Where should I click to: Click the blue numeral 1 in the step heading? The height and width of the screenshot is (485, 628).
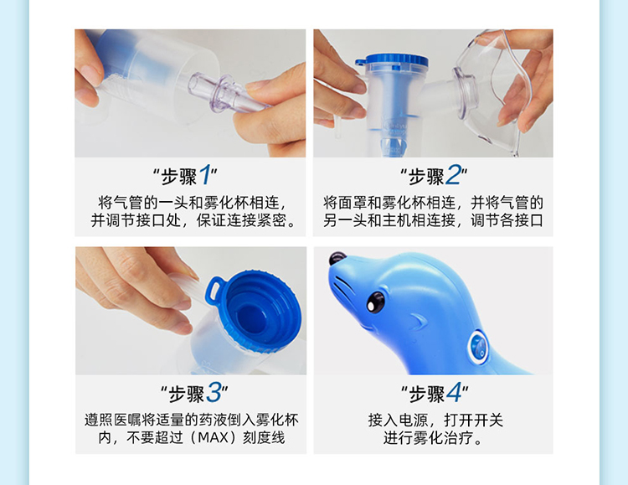(x=205, y=175)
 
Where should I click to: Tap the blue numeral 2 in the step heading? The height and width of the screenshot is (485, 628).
(x=453, y=175)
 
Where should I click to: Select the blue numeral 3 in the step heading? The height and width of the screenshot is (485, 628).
(x=213, y=392)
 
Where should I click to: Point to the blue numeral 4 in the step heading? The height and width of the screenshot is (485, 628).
(x=454, y=392)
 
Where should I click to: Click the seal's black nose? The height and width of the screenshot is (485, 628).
(x=337, y=258)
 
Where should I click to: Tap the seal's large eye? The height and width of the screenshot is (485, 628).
(x=375, y=302)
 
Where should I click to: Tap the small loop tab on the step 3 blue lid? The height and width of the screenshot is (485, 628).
(x=215, y=289)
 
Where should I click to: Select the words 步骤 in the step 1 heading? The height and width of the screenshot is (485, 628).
(x=179, y=177)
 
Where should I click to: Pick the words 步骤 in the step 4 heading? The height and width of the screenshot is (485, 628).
(x=427, y=394)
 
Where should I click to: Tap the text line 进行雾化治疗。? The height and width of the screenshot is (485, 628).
(x=433, y=437)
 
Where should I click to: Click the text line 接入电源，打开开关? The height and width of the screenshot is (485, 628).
(x=435, y=420)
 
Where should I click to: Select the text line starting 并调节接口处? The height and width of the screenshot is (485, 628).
(x=193, y=220)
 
